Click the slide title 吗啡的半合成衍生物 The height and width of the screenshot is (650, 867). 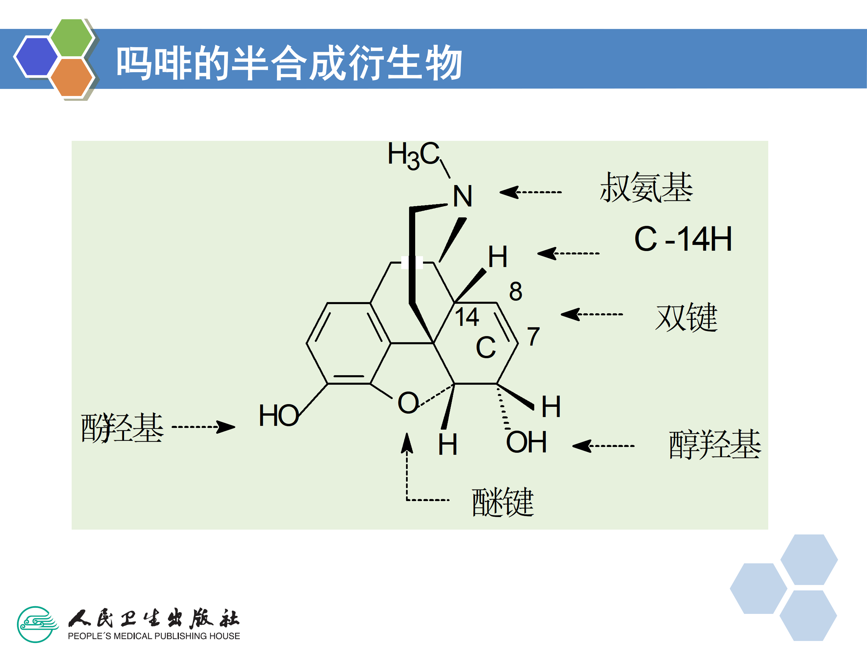click(289, 63)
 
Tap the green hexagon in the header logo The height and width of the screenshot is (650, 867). click(72, 38)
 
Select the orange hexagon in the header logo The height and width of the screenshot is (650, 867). click(72, 77)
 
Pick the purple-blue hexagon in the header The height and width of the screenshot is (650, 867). click(36, 56)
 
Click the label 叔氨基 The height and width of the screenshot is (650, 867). click(646, 188)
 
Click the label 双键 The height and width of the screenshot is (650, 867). click(686, 317)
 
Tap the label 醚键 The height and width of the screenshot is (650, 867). click(503, 502)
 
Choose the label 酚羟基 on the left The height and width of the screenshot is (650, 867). click(122, 428)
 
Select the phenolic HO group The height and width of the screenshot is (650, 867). click(279, 415)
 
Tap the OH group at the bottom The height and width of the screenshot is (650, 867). click(526, 442)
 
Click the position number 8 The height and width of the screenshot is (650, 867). click(515, 292)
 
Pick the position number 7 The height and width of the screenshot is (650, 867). click(533, 336)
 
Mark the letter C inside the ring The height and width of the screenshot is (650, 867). click(486, 348)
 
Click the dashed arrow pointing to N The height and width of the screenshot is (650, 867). click(531, 192)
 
